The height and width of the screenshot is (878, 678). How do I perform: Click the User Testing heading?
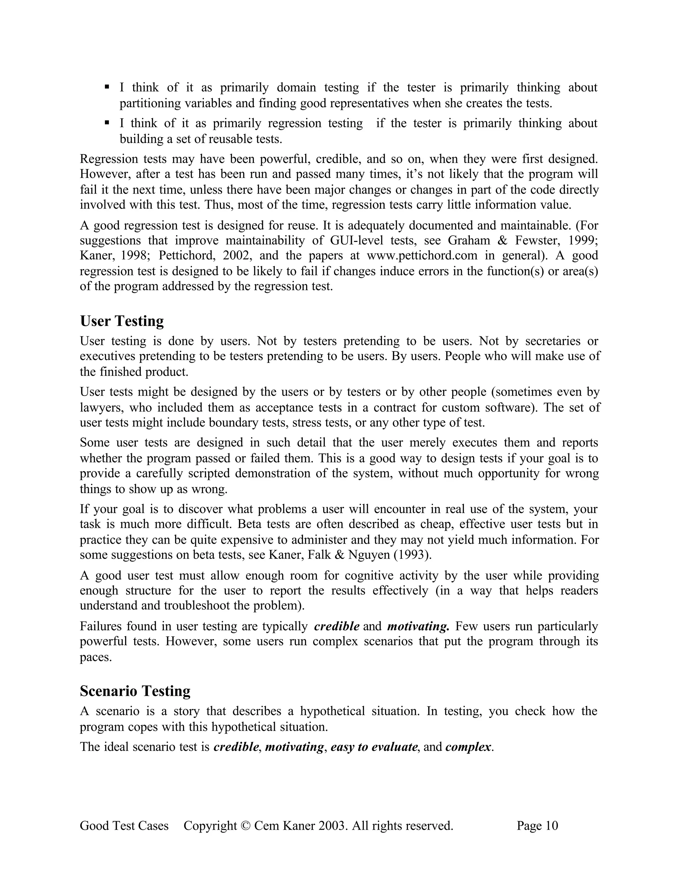click(122, 321)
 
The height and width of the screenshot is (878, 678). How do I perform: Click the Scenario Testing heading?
click(135, 691)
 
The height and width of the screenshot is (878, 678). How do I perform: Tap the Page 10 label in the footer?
click(537, 826)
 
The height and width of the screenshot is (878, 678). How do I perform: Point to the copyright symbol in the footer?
click(245, 826)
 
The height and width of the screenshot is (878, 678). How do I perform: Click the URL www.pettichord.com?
click(422, 256)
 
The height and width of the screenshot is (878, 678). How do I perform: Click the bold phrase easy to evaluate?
click(374, 747)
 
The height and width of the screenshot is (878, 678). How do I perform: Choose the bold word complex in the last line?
click(468, 747)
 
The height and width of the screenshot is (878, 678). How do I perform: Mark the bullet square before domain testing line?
click(107, 87)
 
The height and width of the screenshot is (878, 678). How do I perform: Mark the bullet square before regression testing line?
click(107, 122)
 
